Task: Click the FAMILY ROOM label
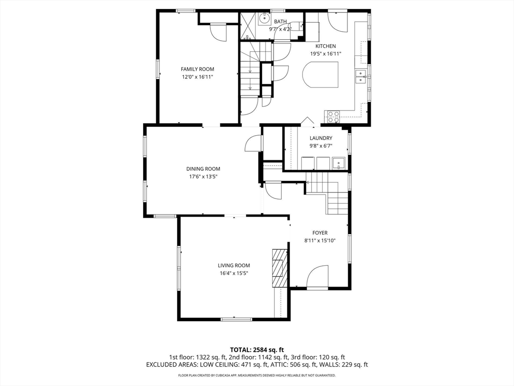tap(197, 69)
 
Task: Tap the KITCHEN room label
tap(325, 46)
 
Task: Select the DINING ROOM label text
tap(203, 169)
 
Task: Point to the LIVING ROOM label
tap(234, 265)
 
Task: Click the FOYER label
tap(320, 233)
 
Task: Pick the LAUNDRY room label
tap(321, 138)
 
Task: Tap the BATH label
tap(280, 22)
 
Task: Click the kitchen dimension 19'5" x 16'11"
tap(326, 54)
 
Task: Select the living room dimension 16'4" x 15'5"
tap(234, 273)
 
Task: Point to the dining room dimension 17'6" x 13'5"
tap(203, 176)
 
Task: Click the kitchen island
tap(320, 75)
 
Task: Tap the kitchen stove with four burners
tap(332, 117)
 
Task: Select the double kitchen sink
tap(361, 76)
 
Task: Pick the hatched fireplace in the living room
tap(280, 268)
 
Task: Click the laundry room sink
tap(338, 163)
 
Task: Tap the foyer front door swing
tap(317, 277)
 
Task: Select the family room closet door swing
tap(217, 33)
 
